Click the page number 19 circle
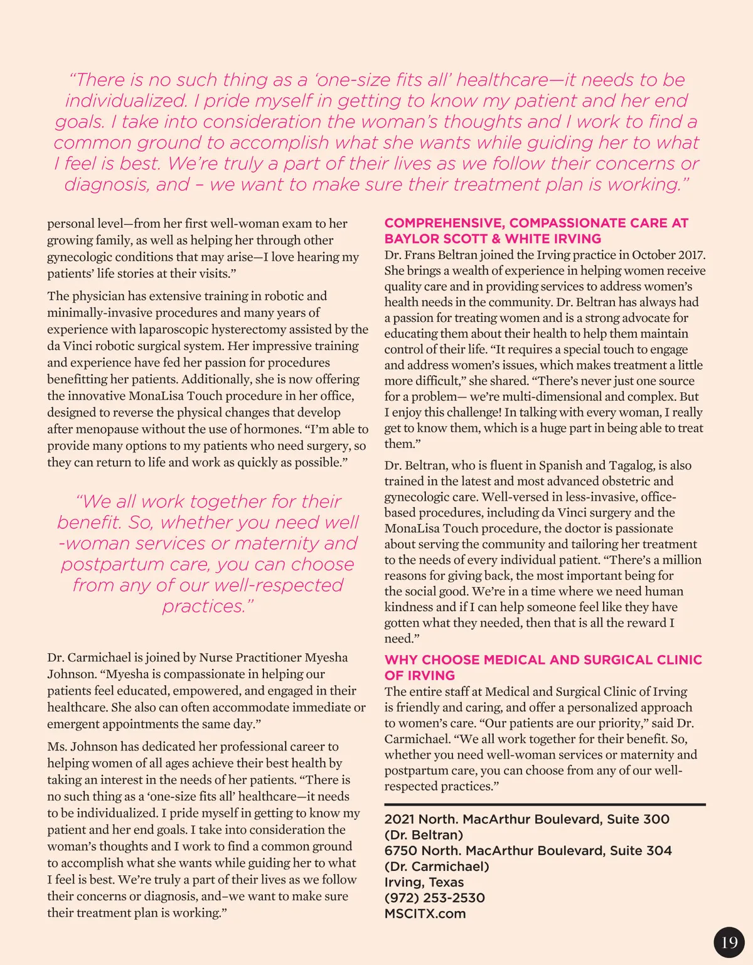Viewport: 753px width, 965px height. point(729,942)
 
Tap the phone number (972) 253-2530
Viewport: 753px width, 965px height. point(434,898)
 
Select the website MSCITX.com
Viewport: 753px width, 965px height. point(425,914)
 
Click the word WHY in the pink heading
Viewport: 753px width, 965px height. point(400,660)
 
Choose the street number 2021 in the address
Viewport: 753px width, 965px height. point(399,819)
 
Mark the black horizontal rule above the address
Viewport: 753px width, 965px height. point(545,804)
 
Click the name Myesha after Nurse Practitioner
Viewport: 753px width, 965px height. point(326,658)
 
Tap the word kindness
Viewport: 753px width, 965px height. point(409,607)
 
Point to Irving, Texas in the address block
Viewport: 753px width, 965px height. point(424,882)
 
